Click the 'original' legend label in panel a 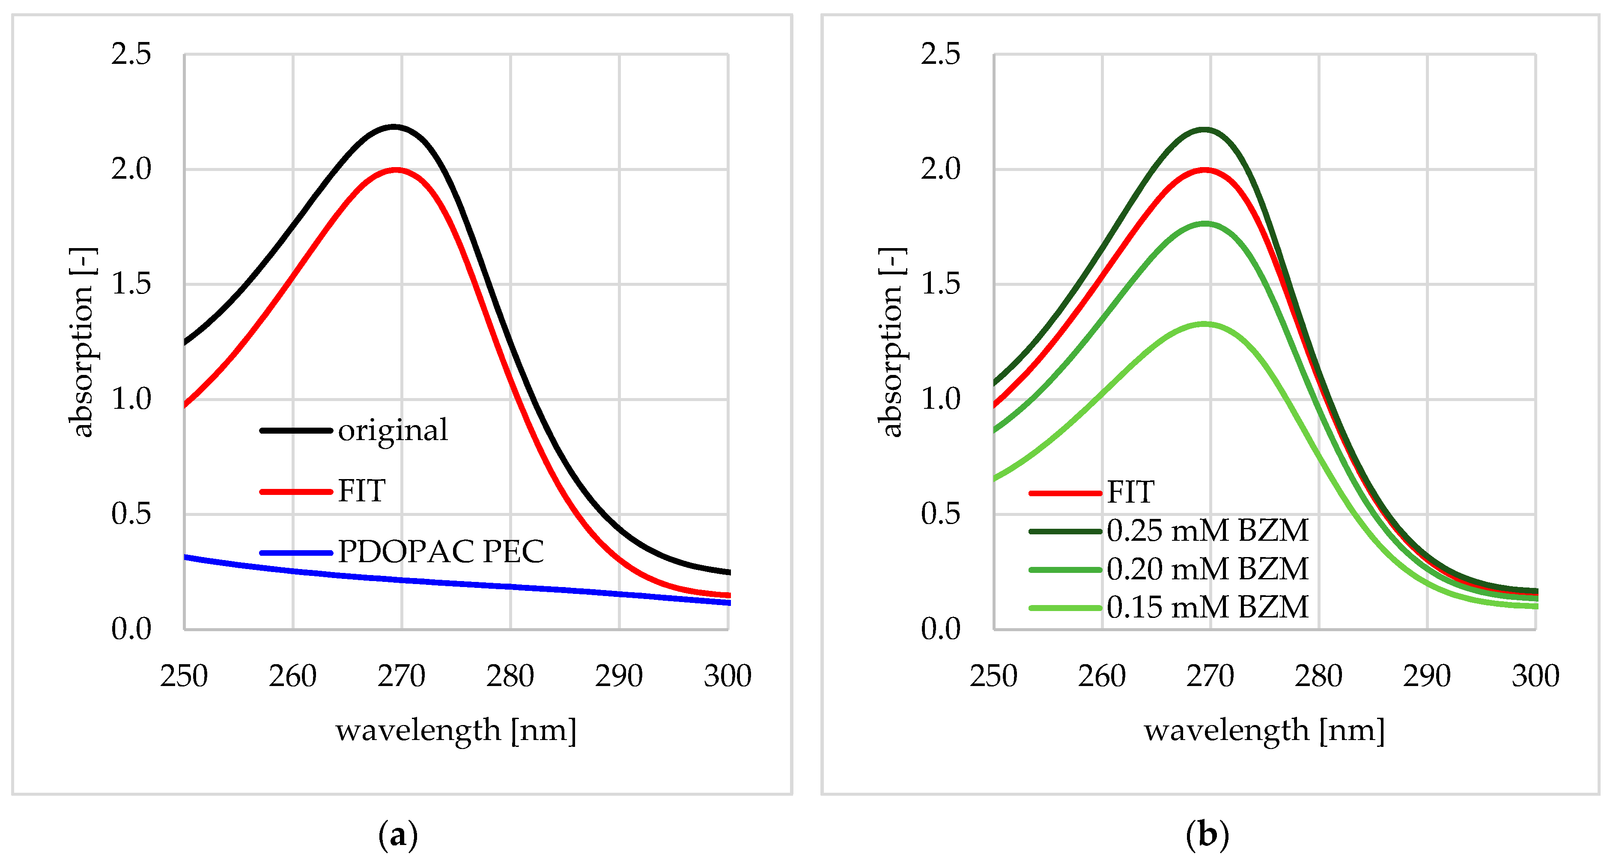[393, 430]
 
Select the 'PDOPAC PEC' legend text [441, 551]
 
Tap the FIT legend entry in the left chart [361, 491]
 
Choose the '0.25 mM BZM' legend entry [1207, 531]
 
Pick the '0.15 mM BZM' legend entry [1207, 607]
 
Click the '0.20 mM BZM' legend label [1207, 569]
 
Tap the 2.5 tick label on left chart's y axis [131, 54]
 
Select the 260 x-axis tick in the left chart [292, 676]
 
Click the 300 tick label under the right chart [1535, 676]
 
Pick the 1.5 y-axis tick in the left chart [131, 284]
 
